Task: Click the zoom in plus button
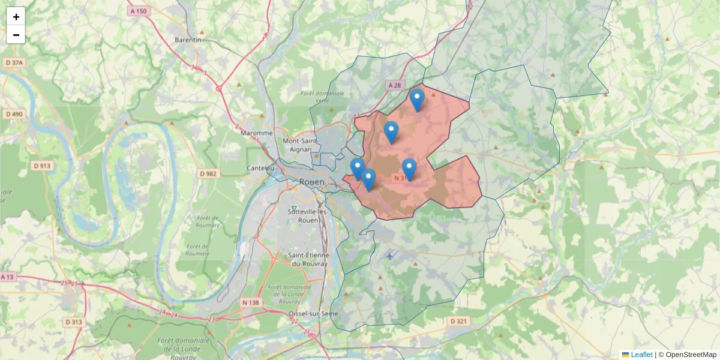(16, 17)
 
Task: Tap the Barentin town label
(187, 40)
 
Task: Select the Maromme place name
(256, 133)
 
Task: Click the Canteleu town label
(260, 169)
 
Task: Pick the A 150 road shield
(137, 11)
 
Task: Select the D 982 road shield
(209, 173)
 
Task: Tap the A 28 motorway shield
(394, 86)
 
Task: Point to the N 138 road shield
(250, 303)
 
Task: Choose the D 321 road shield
(458, 321)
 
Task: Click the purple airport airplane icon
(390, 256)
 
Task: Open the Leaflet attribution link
(641, 355)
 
